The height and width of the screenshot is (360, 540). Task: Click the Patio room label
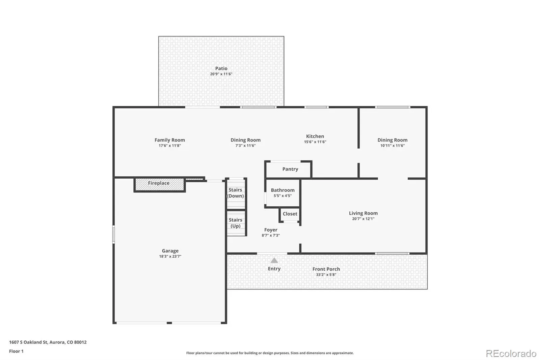pyautogui.click(x=221, y=69)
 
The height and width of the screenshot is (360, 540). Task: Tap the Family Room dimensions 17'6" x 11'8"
pyautogui.click(x=170, y=146)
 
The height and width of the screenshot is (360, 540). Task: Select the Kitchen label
pyautogui.click(x=315, y=136)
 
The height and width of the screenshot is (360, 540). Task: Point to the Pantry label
pyautogui.click(x=290, y=169)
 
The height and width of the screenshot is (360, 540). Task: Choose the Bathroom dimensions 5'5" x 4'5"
pyautogui.click(x=282, y=196)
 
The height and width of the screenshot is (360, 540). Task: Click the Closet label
pyautogui.click(x=290, y=214)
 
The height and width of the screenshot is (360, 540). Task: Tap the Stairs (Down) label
pyautogui.click(x=235, y=193)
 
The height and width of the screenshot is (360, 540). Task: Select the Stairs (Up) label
pyautogui.click(x=236, y=223)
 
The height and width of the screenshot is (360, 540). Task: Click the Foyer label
pyautogui.click(x=271, y=230)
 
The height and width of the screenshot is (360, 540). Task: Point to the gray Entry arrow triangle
pyautogui.click(x=274, y=260)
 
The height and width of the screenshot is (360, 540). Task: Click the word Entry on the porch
pyautogui.click(x=274, y=269)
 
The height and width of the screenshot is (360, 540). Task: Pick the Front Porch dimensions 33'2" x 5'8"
pyautogui.click(x=326, y=275)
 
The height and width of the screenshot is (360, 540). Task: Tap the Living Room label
pyautogui.click(x=363, y=213)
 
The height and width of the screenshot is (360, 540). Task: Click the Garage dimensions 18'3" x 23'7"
pyautogui.click(x=170, y=256)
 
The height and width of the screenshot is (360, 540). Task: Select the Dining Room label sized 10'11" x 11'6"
pyautogui.click(x=393, y=140)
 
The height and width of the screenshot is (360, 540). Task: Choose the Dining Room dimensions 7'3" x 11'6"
pyautogui.click(x=245, y=146)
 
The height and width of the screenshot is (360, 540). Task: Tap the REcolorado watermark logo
pyautogui.click(x=511, y=354)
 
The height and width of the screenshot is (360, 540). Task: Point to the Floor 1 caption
pyautogui.click(x=17, y=351)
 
